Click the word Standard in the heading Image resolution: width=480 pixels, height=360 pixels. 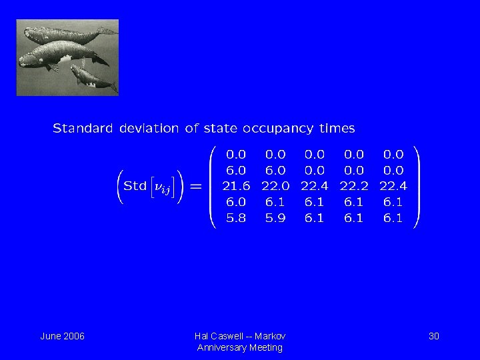tap(83, 128)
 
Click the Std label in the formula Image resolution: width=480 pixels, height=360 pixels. tap(135, 186)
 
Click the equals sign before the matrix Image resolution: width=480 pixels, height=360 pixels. tap(196, 186)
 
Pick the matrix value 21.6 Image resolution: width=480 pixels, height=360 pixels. tap(236, 186)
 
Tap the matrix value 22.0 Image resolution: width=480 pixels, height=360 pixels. tap(275, 186)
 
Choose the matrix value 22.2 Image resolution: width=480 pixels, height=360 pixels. tap(353, 186)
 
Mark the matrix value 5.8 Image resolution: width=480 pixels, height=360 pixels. tap(236, 218)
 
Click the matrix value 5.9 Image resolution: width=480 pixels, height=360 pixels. tap(275, 218)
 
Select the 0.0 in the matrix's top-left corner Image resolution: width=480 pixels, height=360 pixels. tap(236, 154)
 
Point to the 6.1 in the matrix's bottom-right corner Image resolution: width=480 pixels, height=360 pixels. tap(393, 218)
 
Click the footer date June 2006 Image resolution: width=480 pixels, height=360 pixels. tap(62, 336)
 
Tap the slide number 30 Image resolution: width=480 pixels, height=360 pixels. tap(433, 336)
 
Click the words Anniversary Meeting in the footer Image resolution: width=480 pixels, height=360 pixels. tap(240, 348)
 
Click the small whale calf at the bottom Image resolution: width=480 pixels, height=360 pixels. tap(93, 78)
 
